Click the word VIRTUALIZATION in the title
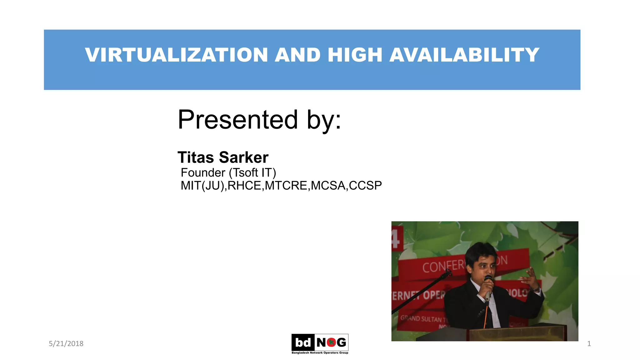point(176,55)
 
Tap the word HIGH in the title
point(355,55)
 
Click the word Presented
point(237,120)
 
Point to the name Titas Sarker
point(223,157)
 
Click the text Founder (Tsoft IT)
point(228,172)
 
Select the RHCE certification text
point(245,186)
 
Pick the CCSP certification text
point(365,186)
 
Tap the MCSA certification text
point(328,186)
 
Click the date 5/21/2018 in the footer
point(66,343)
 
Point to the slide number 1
point(589,344)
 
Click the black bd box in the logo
point(303,342)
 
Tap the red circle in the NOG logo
point(331,342)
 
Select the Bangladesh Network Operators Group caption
point(320,353)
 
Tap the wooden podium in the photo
point(516,333)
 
